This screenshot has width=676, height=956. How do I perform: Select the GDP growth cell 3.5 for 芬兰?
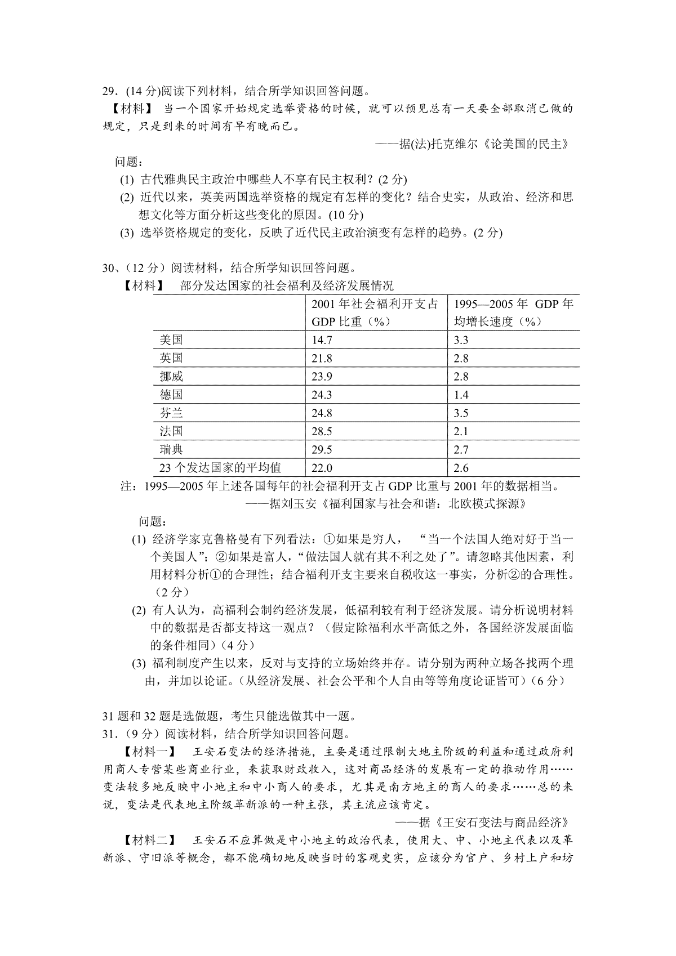pyautogui.click(x=461, y=413)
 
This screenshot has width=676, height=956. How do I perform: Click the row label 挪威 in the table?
pyautogui.click(x=171, y=377)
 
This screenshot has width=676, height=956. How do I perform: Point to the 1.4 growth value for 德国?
pyautogui.click(x=461, y=395)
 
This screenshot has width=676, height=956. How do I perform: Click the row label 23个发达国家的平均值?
pyautogui.click(x=220, y=468)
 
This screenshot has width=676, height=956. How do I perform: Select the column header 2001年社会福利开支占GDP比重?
pyautogui.click(x=375, y=312)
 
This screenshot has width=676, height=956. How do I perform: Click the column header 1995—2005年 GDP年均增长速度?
pyautogui.click(x=513, y=312)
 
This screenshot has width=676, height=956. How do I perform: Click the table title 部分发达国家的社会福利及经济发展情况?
pyautogui.click(x=287, y=285)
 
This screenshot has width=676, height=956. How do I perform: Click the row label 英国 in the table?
pyautogui.click(x=171, y=358)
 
